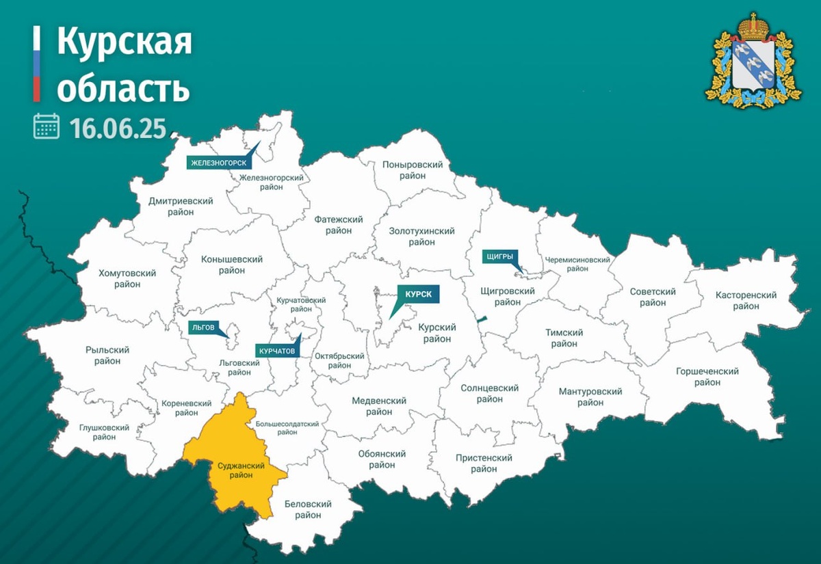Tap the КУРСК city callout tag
(417, 294)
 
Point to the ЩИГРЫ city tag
(498, 256)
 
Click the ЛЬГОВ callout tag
(203, 327)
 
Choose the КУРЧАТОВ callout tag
(277, 351)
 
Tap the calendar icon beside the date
(47, 126)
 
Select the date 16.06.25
(118, 128)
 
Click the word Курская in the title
(124, 42)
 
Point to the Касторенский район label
(746, 301)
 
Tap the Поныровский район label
(413, 170)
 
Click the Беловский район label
(309, 509)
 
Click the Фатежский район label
(338, 225)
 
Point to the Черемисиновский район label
(577, 264)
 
